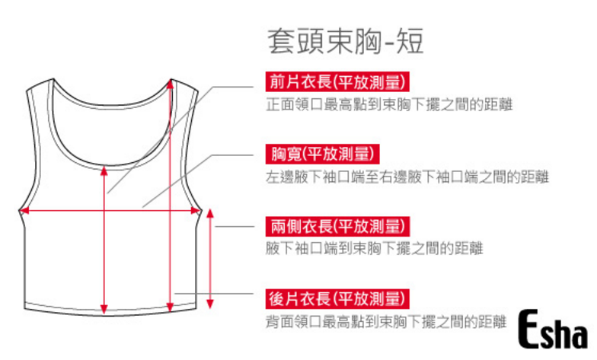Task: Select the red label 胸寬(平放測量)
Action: point(321,155)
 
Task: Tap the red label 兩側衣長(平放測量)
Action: point(337,226)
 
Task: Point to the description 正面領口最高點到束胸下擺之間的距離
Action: point(388,105)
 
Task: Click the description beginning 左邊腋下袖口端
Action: point(407,177)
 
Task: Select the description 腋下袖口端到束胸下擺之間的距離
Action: point(375,248)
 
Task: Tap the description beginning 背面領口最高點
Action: point(385,321)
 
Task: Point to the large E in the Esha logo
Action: point(532,330)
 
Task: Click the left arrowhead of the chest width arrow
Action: point(24,212)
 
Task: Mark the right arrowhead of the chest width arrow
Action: point(196,212)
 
